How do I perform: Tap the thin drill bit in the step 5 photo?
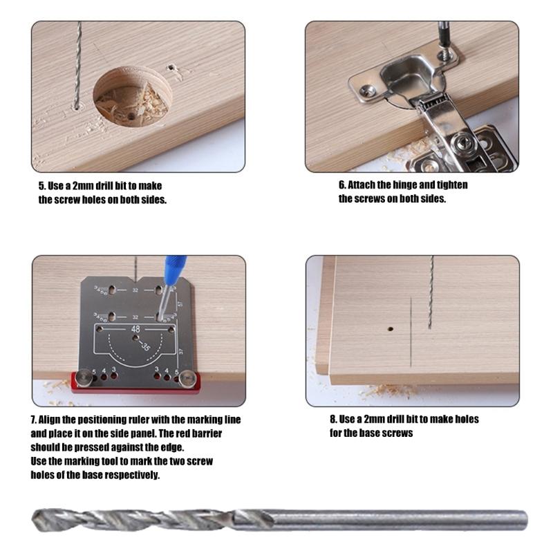pyautogui.click(x=77, y=66)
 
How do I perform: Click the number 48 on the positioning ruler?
pyautogui.click(x=135, y=330)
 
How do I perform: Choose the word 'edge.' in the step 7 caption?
pyautogui.click(x=171, y=447)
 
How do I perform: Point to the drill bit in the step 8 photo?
pyautogui.click(x=431, y=290)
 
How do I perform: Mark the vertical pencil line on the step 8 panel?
pyautogui.click(x=411, y=332)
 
